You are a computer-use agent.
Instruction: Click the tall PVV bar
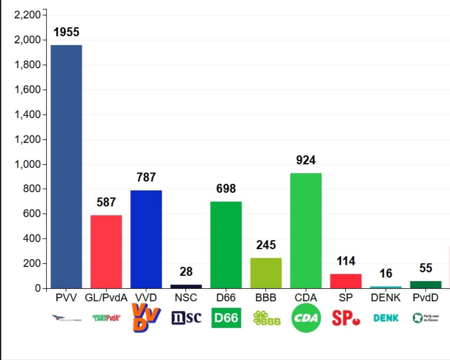click(66, 166)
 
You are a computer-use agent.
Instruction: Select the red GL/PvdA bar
click(106, 252)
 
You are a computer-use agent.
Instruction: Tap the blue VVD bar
click(146, 239)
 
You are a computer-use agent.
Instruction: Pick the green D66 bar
click(226, 245)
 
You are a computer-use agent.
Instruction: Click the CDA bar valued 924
click(306, 231)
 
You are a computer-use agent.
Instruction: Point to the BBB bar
click(266, 273)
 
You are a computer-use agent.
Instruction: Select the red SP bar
click(345, 281)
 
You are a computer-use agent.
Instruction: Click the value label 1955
click(66, 32)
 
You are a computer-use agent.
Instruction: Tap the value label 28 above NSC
click(186, 271)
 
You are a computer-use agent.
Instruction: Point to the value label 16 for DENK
click(386, 273)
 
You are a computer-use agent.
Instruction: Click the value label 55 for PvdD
click(426, 268)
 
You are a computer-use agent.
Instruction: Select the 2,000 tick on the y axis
click(28, 40)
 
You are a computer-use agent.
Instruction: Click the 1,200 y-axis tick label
click(28, 140)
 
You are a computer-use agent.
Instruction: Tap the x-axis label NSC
click(186, 298)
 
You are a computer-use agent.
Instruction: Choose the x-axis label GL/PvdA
click(106, 298)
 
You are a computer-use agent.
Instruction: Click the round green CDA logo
click(306, 318)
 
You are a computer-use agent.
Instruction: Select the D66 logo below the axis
click(226, 318)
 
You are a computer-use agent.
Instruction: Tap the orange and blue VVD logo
click(146, 317)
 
